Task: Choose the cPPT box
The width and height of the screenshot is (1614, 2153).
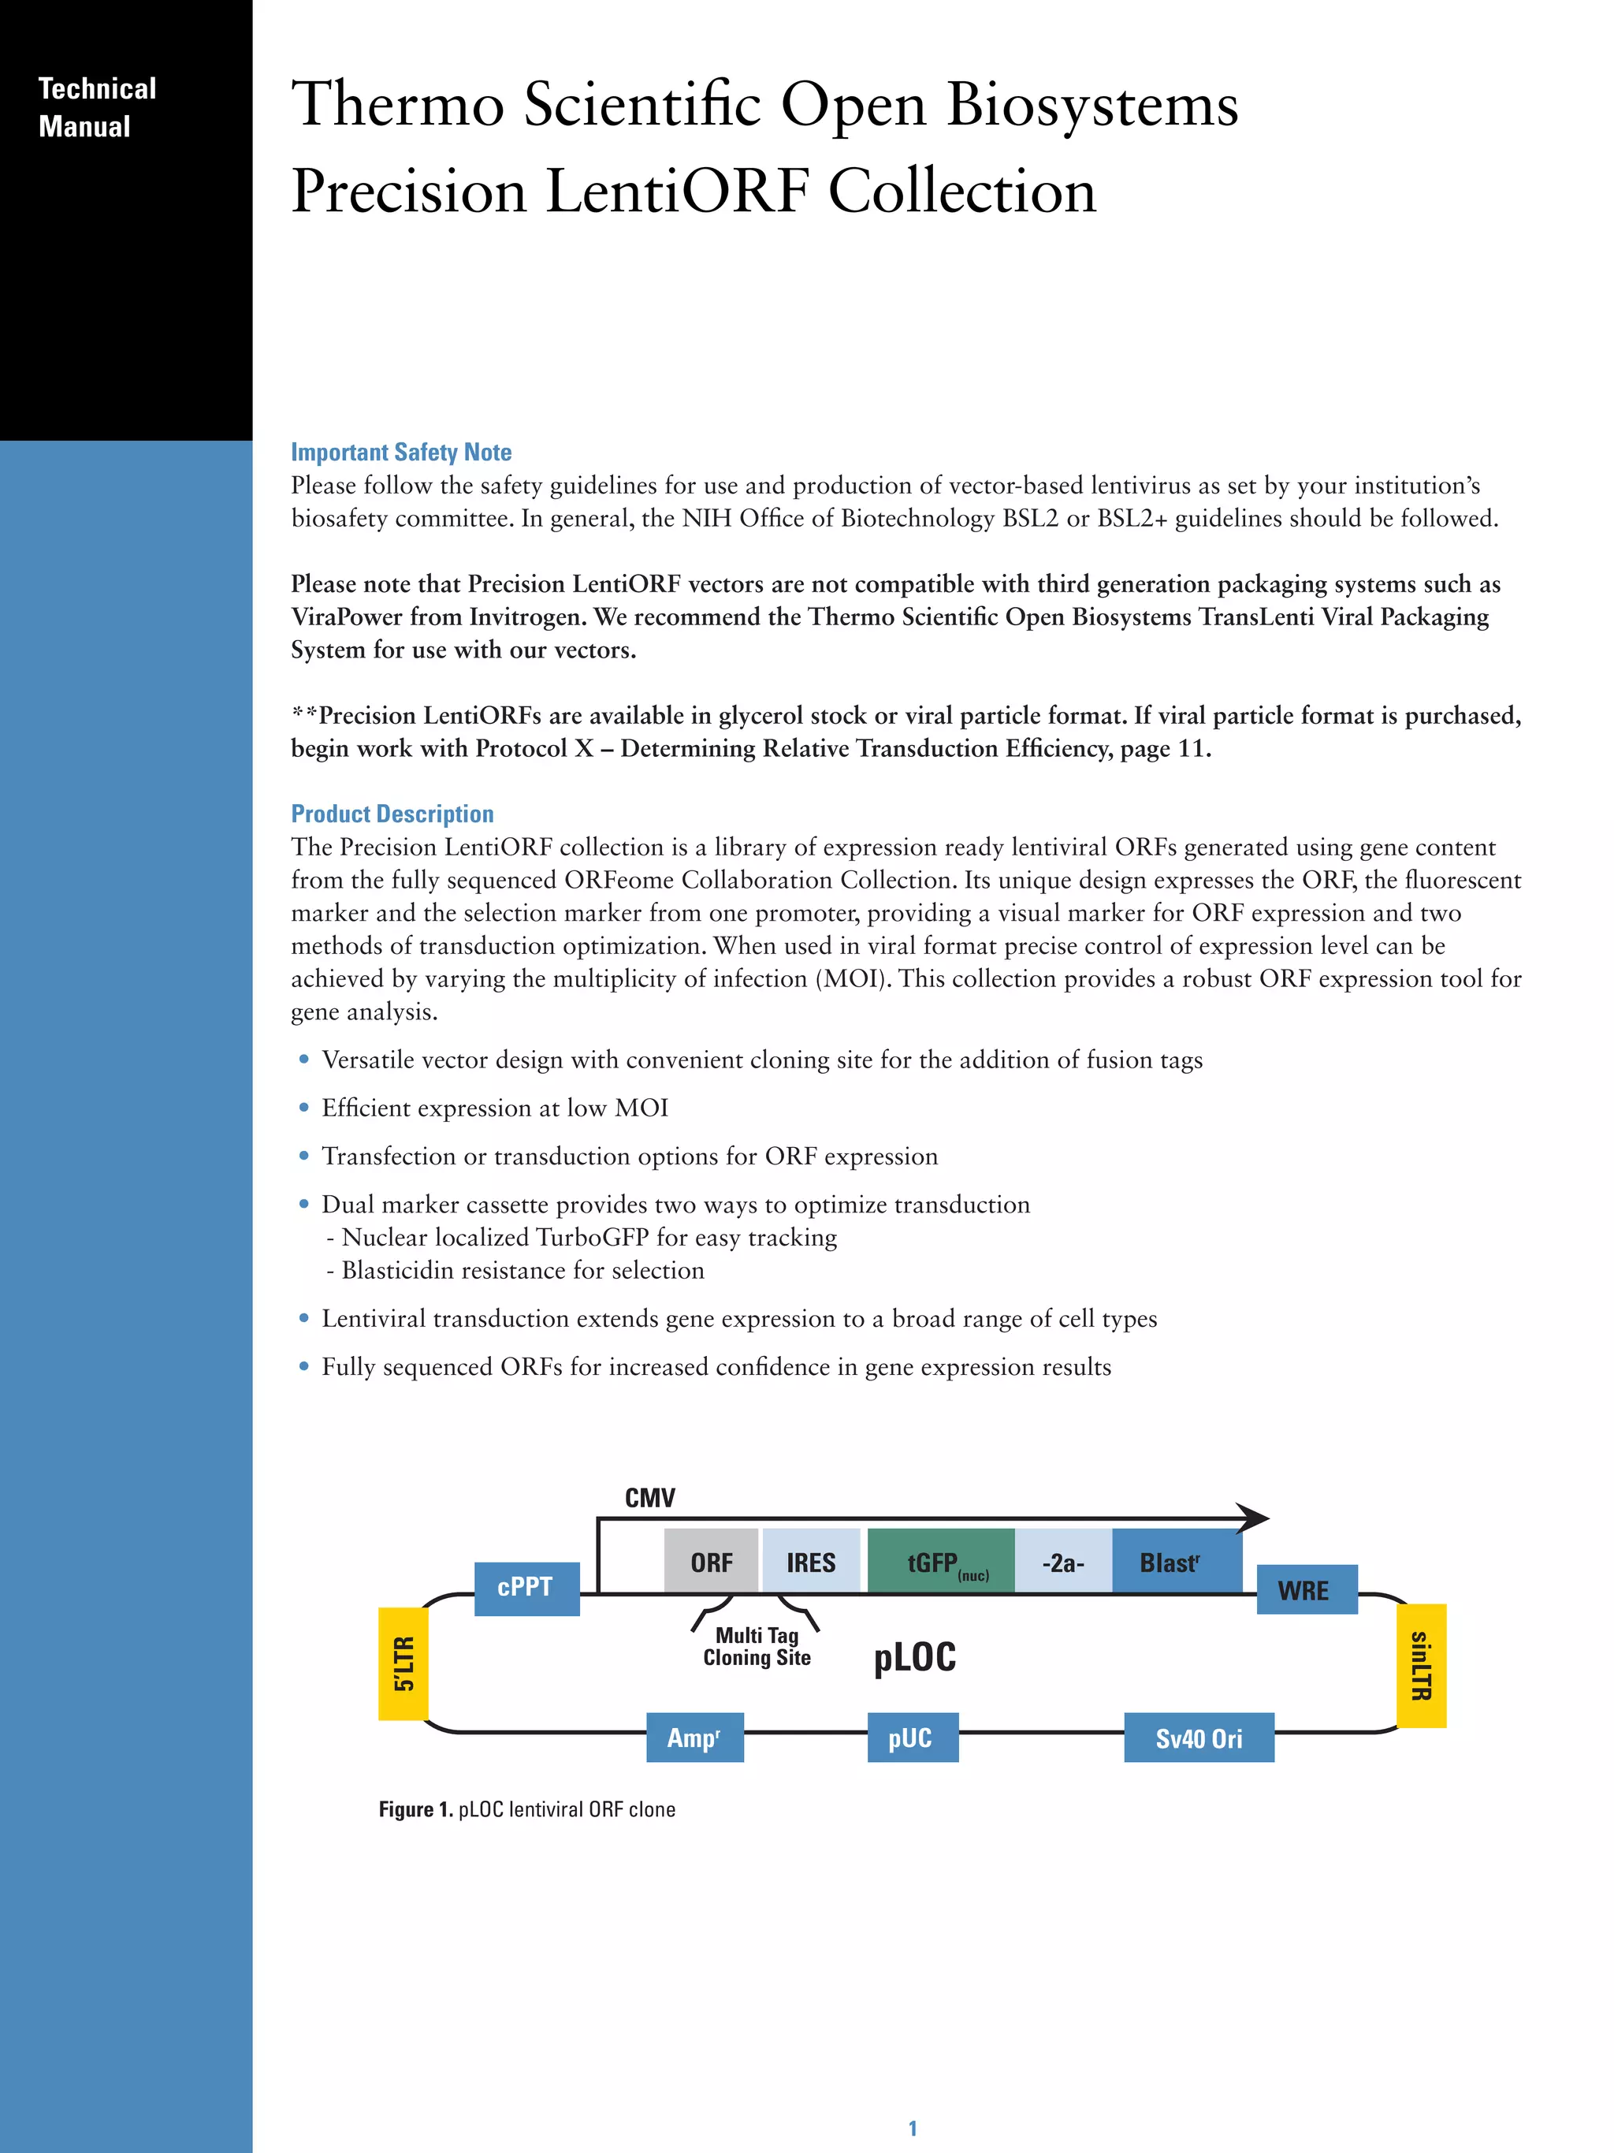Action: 526,1588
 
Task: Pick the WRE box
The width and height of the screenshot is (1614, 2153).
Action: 1306,1589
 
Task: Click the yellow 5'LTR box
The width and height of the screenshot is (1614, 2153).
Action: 403,1663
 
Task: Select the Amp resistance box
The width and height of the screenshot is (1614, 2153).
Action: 694,1738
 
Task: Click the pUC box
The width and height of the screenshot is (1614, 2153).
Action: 912,1738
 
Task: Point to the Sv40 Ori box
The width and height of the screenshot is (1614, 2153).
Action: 1199,1738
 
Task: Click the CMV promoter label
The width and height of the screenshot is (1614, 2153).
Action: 649,1498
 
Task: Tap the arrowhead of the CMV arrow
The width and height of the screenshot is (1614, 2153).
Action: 1252,1518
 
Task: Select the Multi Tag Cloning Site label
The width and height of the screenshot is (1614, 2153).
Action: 757,1647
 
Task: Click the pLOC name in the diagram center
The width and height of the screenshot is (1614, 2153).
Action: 914,1656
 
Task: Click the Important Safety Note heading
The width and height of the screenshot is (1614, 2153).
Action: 401,453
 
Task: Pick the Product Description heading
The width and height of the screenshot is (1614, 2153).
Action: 392,814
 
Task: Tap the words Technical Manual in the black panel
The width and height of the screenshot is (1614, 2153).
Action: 96,107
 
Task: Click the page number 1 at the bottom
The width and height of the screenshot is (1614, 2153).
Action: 913,2128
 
